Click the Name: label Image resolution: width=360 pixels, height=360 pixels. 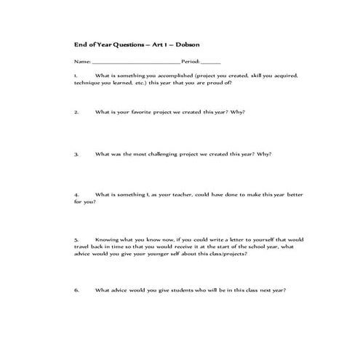coord(80,61)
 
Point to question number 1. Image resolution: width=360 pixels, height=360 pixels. coord(76,76)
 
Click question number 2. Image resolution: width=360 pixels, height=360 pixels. coord(76,113)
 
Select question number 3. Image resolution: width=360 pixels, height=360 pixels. coord(76,154)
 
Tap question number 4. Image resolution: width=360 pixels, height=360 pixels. coord(76,196)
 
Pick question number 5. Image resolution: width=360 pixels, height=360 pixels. coord(76,239)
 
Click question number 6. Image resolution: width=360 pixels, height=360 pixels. coord(76,290)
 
